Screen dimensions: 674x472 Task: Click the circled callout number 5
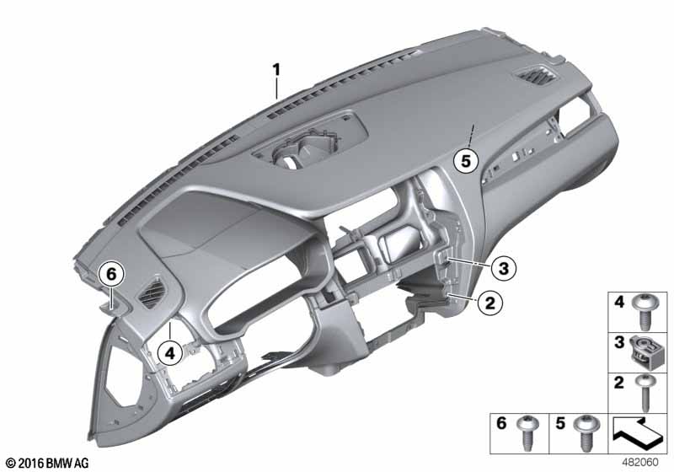pos(466,161)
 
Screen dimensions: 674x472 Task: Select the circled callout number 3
pos(503,269)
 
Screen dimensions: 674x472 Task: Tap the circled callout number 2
pos(490,303)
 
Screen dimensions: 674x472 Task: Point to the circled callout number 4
pos(170,354)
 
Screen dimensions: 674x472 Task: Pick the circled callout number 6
pos(111,274)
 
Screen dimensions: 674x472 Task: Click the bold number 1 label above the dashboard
pos(276,70)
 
